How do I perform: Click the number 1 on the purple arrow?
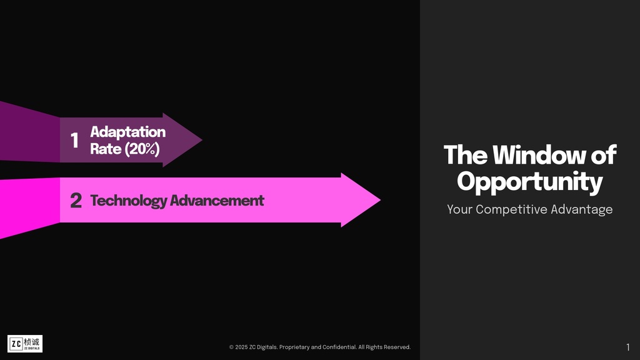tap(74, 140)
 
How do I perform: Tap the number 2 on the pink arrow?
tap(76, 201)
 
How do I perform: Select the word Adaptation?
tap(127, 132)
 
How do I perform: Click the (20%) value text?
tap(142, 149)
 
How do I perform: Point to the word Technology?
tap(129, 201)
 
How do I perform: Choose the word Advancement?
tap(217, 201)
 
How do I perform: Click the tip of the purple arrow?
tap(202, 140)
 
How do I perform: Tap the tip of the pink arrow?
tap(381, 200)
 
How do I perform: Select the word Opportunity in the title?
tap(530, 182)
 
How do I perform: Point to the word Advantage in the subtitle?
tap(582, 210)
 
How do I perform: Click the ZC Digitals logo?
tap(25, 344)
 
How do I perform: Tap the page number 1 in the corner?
tap(627, 347)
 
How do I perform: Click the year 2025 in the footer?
tap(241, 347)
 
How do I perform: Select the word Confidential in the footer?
tap(339, 347)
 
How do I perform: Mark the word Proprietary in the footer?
tap(294, 347)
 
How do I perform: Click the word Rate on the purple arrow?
tap(106, 149)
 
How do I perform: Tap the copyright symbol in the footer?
tap(231, 347)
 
